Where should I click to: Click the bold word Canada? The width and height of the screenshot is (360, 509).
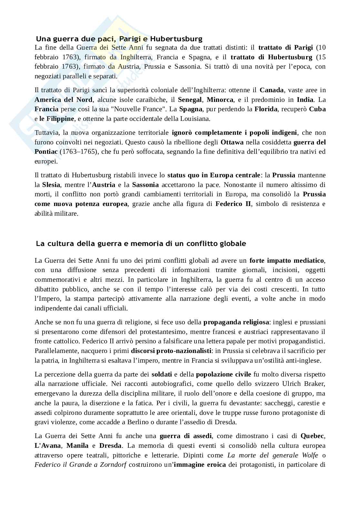272,90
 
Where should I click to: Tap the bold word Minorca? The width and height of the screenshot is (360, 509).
220,100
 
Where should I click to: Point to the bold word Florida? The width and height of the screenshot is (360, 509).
266,109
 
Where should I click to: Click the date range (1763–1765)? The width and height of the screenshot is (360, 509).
79,152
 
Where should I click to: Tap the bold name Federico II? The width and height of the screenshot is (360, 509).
233,204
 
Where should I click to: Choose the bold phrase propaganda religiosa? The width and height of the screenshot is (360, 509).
236,322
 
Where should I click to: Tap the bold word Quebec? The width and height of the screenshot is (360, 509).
312,436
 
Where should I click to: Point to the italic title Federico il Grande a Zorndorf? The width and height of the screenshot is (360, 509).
80,465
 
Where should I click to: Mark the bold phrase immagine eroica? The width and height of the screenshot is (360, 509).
200,465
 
